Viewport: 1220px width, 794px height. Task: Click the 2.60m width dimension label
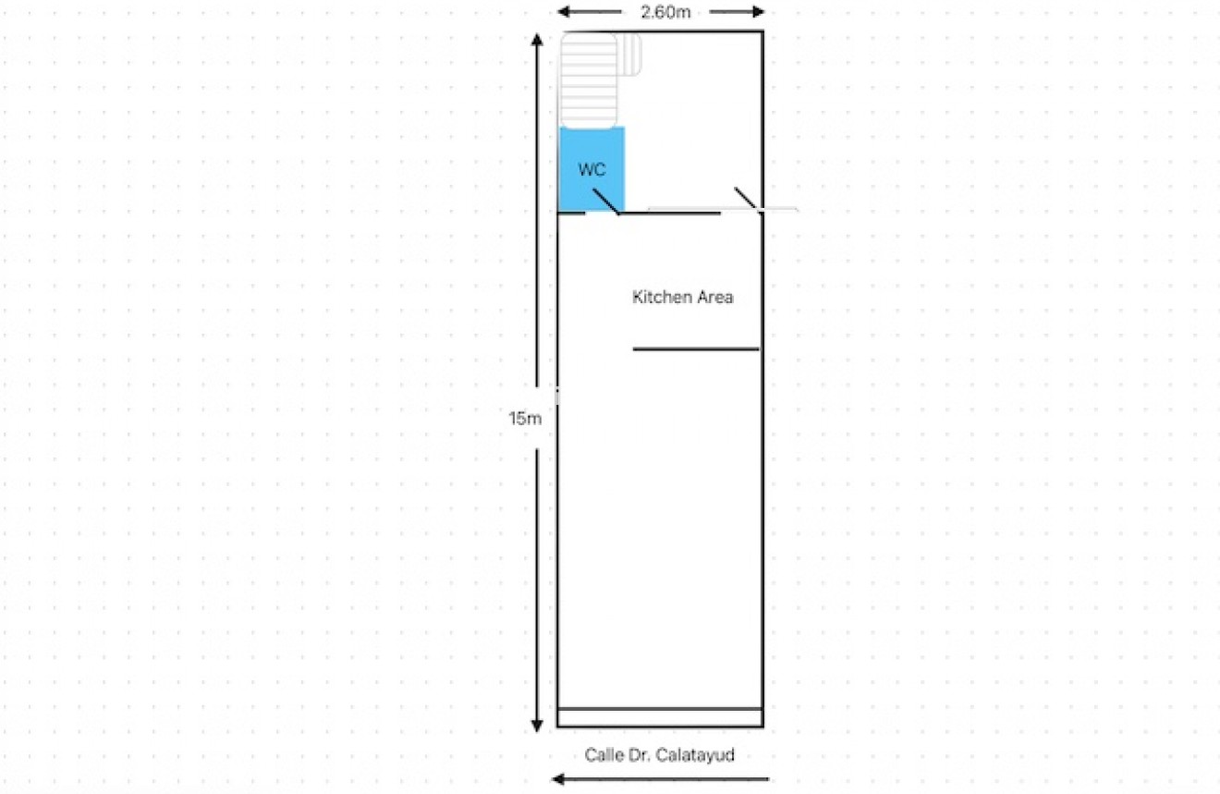pos(665,12)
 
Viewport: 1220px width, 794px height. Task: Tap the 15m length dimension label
pos(524,418)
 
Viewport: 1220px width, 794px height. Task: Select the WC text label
pos(592,169)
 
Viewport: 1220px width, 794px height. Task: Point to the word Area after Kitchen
pos(714,297)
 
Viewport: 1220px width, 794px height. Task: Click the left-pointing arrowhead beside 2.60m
pos(564,11)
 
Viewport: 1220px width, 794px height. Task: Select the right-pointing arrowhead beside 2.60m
pos(758,11)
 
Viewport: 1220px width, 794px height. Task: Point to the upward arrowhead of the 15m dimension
pos(537,40)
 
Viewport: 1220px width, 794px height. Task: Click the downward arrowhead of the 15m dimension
pos(537,726)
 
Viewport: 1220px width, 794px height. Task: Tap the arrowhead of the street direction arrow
pos(557,779)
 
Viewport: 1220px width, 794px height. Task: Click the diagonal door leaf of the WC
pos(605,202)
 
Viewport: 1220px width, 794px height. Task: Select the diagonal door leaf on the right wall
pos(746,200)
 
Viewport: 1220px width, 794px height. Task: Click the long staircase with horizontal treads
pos(589,80)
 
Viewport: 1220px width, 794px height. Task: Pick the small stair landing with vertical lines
pos(629,55)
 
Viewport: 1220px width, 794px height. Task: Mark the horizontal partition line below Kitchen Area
pos(696,349)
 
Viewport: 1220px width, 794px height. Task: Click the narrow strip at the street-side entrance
pos(660,718)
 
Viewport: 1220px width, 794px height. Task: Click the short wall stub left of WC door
pos(572,213)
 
